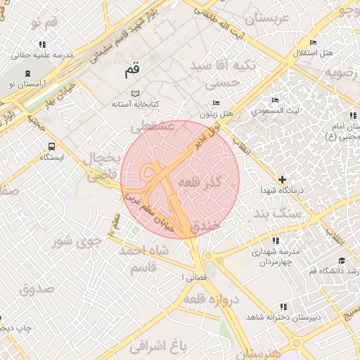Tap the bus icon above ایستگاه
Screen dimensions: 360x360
coord(51,146)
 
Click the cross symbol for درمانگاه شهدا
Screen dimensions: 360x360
coord(283,179)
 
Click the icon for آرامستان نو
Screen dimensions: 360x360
coord(27,73)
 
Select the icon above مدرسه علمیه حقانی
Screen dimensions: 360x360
coord(43,44)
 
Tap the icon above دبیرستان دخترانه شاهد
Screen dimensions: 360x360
coord(283,307)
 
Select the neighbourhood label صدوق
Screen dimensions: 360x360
coord(37,288)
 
